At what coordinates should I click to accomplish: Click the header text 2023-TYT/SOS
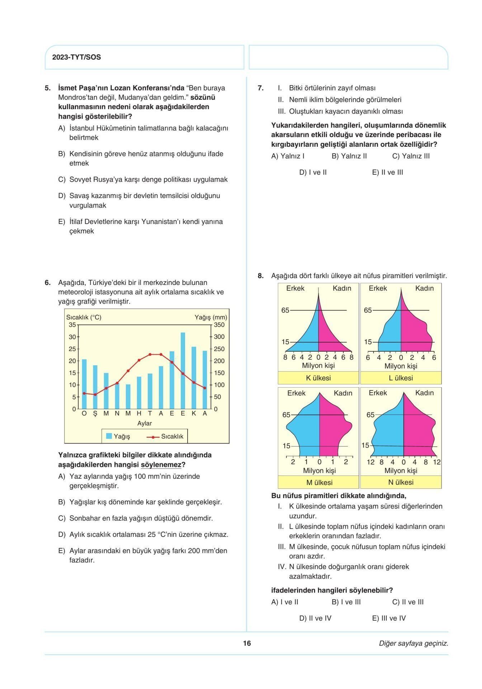tap(76, 57)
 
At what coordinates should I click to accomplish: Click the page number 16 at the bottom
tap(247, 643)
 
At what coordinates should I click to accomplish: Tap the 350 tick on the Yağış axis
tap(219, 325)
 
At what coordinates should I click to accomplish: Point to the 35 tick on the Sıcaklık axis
tap(72, 325)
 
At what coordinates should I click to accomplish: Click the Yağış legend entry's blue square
tap(109, 436)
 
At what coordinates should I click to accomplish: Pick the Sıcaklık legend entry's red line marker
tap(153, 437)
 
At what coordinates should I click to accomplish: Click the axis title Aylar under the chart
tap(145, 423)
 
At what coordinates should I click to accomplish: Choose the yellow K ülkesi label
tap(318, 378)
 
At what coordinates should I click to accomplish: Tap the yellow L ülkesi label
tap(401, 378)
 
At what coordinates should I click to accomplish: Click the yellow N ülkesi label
tap(401, 482)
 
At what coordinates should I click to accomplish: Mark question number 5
tap(48, 88)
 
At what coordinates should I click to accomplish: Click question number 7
tap(261, 88)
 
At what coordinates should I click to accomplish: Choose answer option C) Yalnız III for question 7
tap(411, 156)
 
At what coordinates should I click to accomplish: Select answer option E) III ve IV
tap(389, 618)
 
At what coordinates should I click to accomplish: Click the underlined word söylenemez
tap(161, 465)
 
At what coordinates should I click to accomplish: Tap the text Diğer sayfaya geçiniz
tap(414, 643)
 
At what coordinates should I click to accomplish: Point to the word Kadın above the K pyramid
tap(342, 288)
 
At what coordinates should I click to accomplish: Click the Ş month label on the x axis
tap(95, 413)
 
